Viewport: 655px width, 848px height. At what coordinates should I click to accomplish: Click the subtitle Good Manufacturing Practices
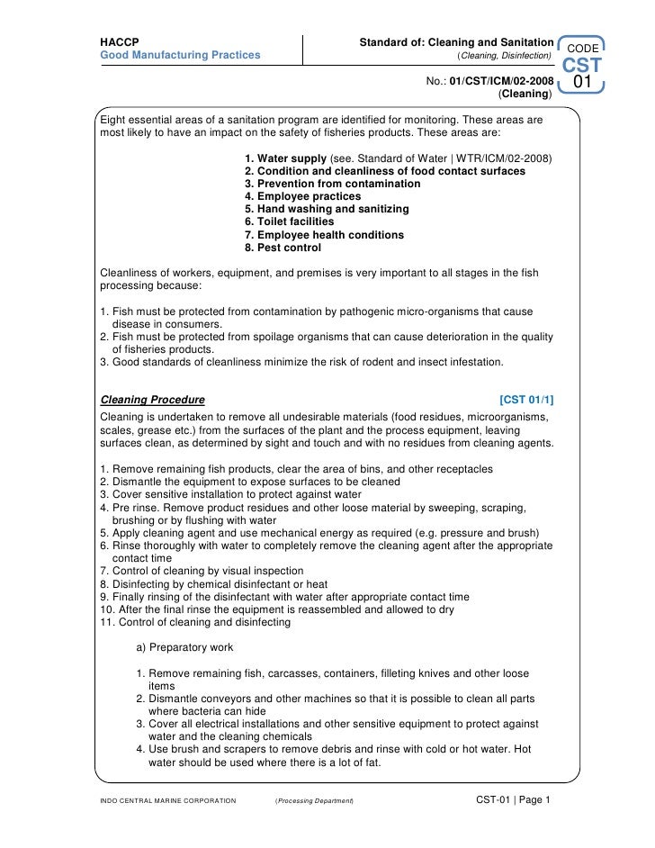coord(180,55)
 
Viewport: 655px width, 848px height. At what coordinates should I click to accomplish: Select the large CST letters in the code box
coord(582,66)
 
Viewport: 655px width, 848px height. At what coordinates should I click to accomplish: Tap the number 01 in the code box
coord(582,84)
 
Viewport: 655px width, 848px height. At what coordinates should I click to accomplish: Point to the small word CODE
coord(582,47)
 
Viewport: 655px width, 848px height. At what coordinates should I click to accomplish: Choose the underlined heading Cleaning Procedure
coord(152,400)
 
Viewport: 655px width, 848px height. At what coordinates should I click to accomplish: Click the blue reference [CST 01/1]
coord(532,400)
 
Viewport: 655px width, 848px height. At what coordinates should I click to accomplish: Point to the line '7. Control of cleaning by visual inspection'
coord(202,571)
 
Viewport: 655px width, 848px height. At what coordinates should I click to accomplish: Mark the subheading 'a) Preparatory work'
coord(184,647)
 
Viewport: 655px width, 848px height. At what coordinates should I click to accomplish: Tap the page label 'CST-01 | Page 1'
coord(512,799)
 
